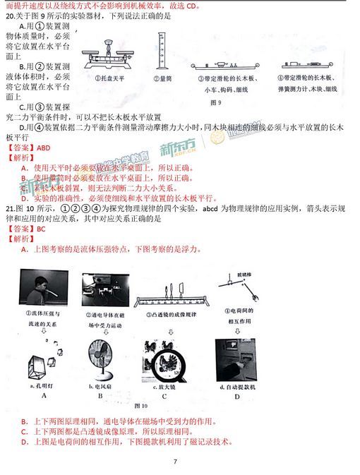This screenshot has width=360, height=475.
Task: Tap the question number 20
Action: click(x=10, y=17)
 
